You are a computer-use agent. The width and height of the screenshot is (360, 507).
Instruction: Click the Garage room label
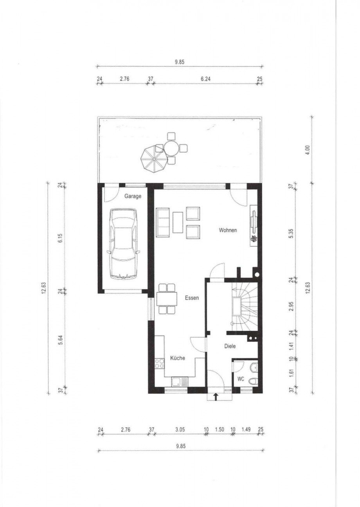click(133, 196)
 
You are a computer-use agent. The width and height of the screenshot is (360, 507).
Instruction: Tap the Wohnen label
click(228, 230)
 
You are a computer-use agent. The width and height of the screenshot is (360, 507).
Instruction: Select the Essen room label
click(192, 298)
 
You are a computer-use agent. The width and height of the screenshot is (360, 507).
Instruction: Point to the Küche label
click(178, 358)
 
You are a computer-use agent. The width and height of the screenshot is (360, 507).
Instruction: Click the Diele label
click(230, 346)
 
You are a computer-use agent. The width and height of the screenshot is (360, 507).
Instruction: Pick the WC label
click(241, 379)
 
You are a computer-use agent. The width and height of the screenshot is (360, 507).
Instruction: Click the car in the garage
click(123, 244)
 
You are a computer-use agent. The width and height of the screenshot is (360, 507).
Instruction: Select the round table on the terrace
click(171, 148)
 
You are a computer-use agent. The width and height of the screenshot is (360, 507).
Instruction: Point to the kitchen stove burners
click(159, 364)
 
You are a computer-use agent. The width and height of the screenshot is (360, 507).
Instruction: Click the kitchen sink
click(180, 382)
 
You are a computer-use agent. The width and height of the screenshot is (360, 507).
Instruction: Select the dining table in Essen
click(166, 299)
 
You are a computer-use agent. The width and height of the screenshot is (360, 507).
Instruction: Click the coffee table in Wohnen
click(178, 222)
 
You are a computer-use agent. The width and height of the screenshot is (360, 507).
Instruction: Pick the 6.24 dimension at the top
click(205, 79)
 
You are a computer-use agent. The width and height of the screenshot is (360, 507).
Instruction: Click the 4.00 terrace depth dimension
click(307, 149)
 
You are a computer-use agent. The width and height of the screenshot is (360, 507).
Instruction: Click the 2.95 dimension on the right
click(292, 306)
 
